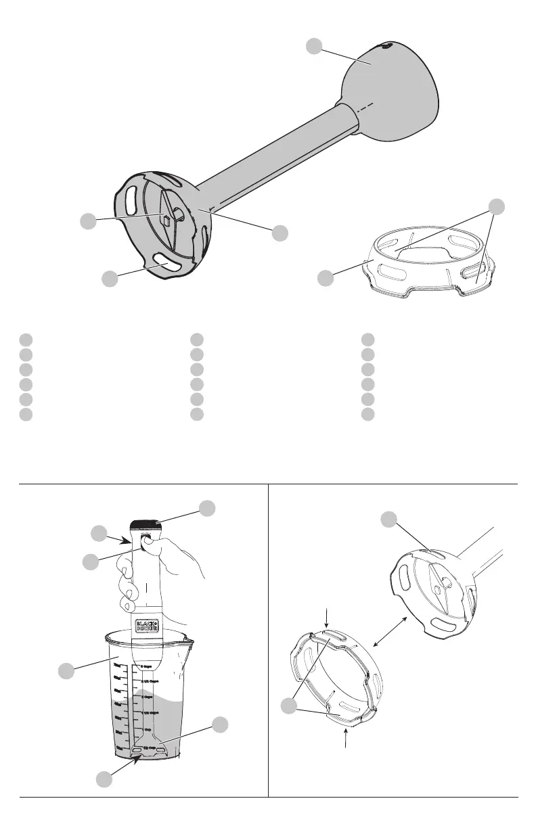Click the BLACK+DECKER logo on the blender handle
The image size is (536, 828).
146,624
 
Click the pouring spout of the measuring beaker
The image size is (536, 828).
184,637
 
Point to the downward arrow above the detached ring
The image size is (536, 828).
328,618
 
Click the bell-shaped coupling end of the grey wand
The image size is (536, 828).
391,91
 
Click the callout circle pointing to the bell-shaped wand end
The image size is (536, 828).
313,46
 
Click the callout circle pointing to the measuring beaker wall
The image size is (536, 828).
66,670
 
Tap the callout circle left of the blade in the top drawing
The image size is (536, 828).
87,221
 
